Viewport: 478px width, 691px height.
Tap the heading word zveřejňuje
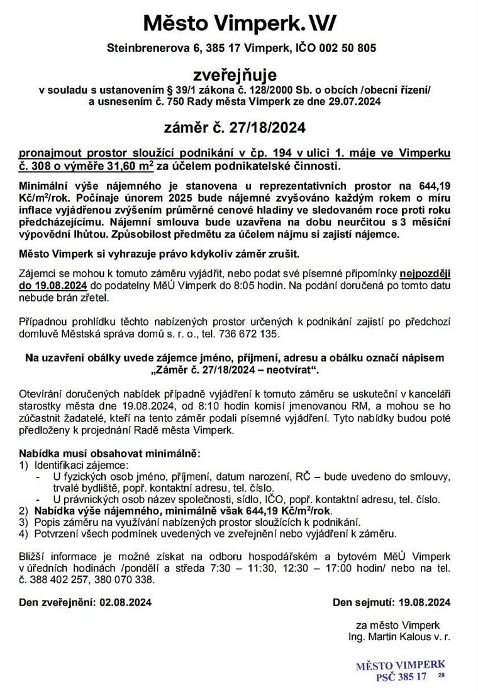238,75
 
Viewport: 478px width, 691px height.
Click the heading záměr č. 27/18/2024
238,128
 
